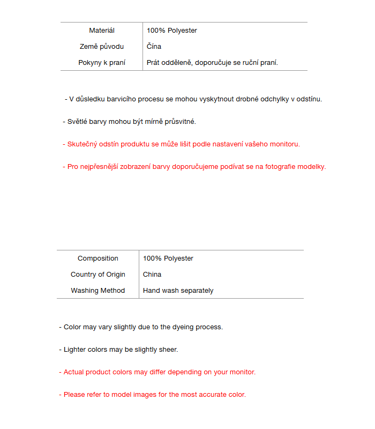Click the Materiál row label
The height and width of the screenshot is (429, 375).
102,31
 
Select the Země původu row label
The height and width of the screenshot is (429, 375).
102,47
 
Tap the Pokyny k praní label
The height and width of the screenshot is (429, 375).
102,63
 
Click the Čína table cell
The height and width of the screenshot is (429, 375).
154,47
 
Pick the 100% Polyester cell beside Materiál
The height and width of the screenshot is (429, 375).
172,31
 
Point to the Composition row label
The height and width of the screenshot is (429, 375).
98,258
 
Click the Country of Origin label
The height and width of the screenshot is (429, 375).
98,275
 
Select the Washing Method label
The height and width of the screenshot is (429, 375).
98,291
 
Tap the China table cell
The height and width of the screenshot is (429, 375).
152,275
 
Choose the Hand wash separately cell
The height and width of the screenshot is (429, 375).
178,291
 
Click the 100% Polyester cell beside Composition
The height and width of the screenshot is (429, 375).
168,258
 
